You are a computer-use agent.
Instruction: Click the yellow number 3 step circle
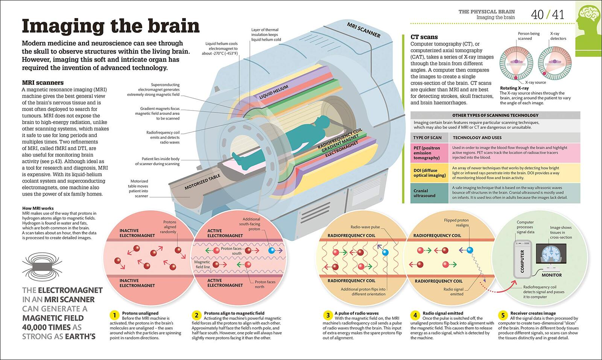tap(328, 315)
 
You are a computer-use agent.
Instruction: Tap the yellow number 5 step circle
tap(503, 315)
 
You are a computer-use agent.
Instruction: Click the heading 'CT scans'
tap(424, 37)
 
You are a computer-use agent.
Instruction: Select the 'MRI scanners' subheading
tap(43, 82)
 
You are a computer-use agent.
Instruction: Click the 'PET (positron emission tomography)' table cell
tap(429, 153)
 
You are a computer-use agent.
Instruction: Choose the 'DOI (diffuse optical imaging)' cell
tap(429, 173)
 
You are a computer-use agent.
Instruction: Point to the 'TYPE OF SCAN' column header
tap(427, 138)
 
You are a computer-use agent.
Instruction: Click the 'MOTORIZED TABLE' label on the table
tap(202, 182)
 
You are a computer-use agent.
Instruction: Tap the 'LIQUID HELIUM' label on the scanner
tap(274, 92)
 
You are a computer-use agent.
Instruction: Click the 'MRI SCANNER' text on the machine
tap(363, 30)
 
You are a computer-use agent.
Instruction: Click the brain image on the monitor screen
tap(551, 254)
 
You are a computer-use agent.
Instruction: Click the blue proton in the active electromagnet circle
tap(272, 251)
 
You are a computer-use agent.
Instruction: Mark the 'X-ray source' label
tap(536, 82)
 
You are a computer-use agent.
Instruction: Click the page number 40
tap(537, 15)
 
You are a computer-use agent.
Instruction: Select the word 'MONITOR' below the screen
tap(552, 275)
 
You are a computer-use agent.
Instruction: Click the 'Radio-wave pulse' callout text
tap(365, 227)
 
